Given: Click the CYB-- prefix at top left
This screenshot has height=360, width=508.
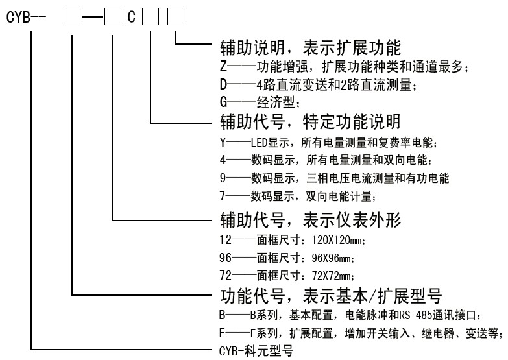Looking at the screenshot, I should tap(25, 16).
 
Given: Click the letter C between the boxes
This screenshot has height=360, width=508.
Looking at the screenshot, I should tap(132, 16).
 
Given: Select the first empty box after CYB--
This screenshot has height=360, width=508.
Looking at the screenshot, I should tap(70, 16).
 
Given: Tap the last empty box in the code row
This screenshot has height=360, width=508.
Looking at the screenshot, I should tap(176, 16).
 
